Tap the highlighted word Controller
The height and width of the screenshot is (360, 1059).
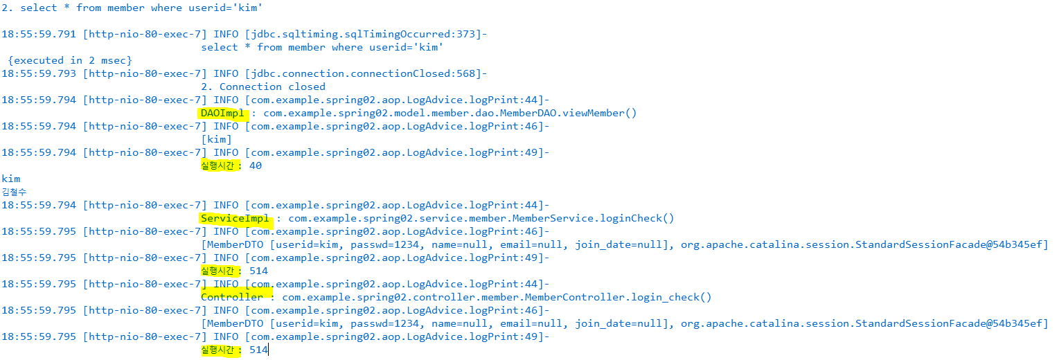(232, 297)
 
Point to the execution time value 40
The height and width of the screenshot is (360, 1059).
(255, 165)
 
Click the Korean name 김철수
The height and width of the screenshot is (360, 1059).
(14, 192)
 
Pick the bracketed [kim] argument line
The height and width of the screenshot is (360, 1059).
(217, 139)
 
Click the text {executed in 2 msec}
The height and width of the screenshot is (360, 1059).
(70, 60)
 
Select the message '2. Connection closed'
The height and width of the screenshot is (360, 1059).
(263, 87)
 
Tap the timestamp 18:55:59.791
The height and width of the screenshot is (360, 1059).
(39, 34)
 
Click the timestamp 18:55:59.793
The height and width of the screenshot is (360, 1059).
(39, 73)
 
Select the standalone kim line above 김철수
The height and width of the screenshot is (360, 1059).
(11, 179)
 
